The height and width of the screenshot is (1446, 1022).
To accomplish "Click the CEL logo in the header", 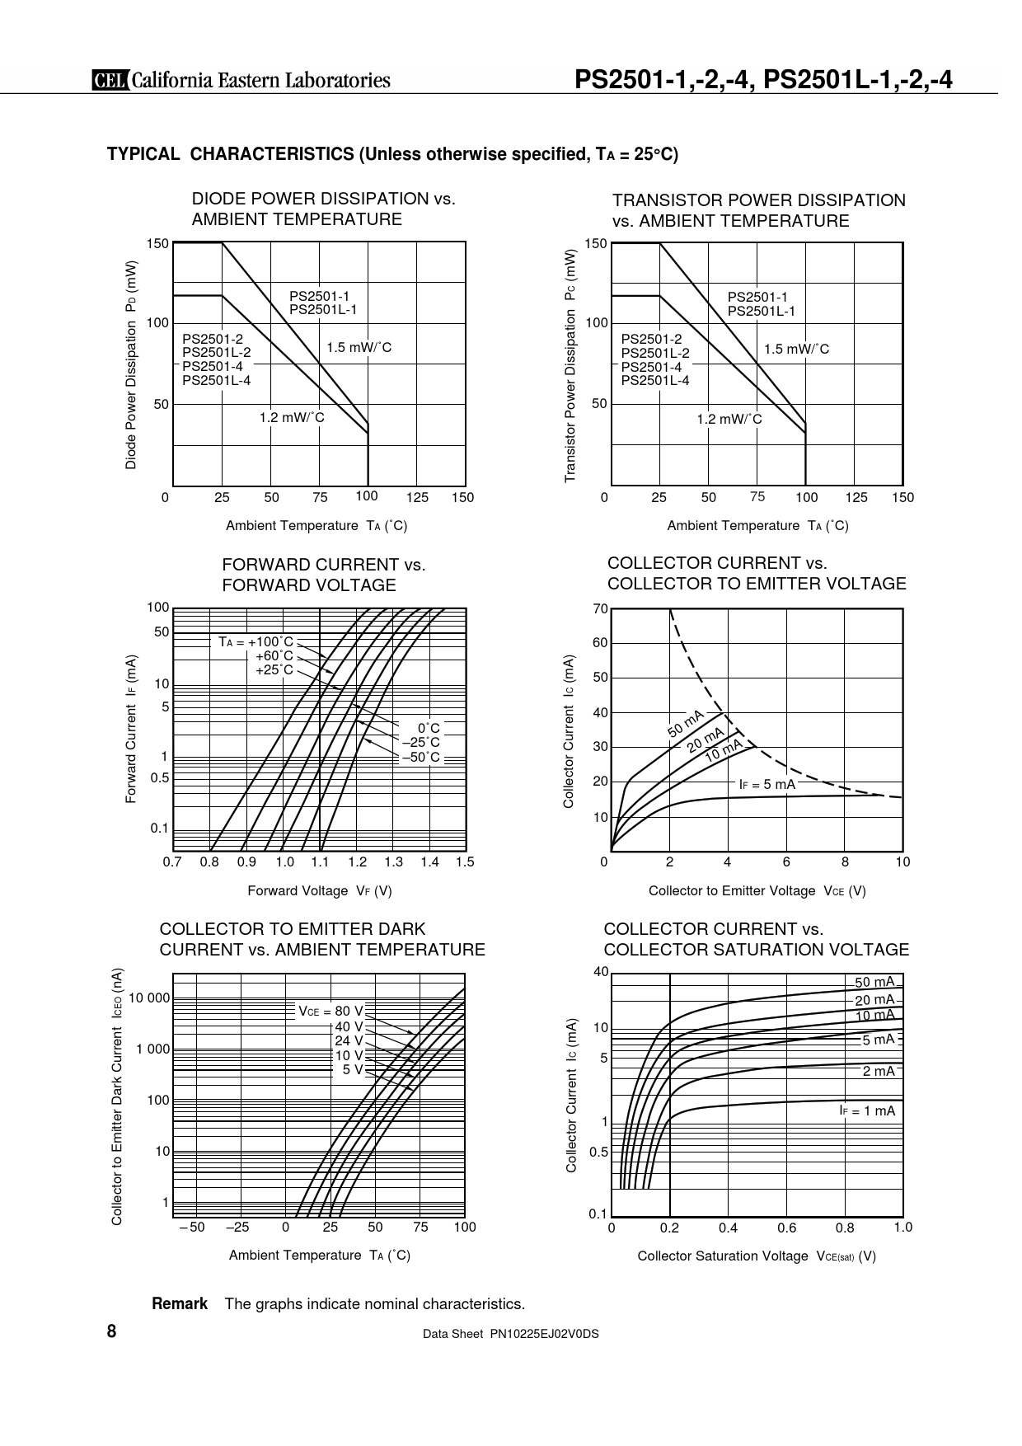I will [110, 80].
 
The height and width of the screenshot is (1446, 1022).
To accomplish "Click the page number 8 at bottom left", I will [111, 1331].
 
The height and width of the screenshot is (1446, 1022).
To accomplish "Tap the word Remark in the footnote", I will [180, 1303].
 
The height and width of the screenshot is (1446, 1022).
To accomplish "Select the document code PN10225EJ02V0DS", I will [545, 1333].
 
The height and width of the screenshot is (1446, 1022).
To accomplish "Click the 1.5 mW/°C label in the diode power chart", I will [359, 348].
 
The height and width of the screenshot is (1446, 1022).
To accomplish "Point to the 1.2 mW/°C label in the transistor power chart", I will [729, 419].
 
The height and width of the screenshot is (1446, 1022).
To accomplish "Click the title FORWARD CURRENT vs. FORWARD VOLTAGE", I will [324, 575].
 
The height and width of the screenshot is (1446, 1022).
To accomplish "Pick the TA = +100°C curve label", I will [256, 641].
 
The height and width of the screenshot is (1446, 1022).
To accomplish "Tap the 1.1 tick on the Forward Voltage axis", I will [320, 862].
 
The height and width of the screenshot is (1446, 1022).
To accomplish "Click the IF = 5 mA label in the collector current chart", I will [766, 784].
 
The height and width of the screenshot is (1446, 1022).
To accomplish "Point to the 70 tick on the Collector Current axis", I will [600, 609].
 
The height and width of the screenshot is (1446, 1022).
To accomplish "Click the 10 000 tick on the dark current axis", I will [149, 998].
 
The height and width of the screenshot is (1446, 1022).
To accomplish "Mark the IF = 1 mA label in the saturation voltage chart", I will [867, 1110].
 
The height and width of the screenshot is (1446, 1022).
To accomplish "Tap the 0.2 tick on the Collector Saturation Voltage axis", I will [669, 1228].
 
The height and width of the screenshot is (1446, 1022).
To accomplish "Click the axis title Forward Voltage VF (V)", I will [320, 890].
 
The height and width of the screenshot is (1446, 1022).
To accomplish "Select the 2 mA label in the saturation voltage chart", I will [879, 1071].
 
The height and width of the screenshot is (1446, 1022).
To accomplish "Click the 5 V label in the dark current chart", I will [353, 1069].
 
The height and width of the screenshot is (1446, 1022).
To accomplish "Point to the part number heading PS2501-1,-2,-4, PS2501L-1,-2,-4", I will [763, 79].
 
